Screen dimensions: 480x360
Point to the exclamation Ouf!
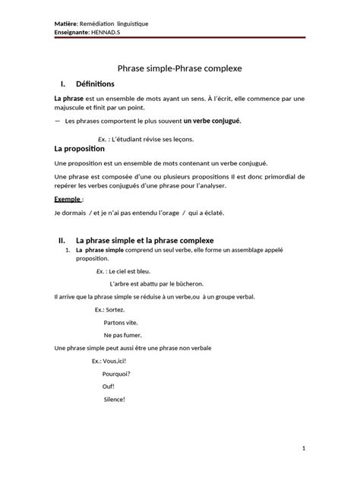tap(108, 386)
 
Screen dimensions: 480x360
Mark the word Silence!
tap(114, 399)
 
